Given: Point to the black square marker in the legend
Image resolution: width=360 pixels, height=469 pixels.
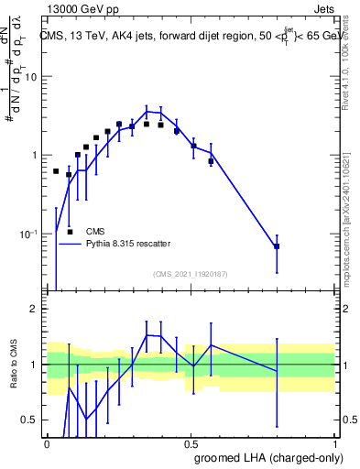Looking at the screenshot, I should (x=71, y=232).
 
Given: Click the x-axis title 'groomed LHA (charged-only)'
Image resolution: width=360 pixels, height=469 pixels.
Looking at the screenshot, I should (x=267, y=457).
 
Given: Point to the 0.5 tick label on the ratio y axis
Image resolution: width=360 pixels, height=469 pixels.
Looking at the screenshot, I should (x=29, y=420).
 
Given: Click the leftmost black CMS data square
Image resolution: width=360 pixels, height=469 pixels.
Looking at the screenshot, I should (x=56, y=171).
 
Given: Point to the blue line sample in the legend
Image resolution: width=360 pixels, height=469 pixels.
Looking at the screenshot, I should (x=71, y=244).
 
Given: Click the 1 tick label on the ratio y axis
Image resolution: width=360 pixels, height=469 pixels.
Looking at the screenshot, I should (x=34, y=365).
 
